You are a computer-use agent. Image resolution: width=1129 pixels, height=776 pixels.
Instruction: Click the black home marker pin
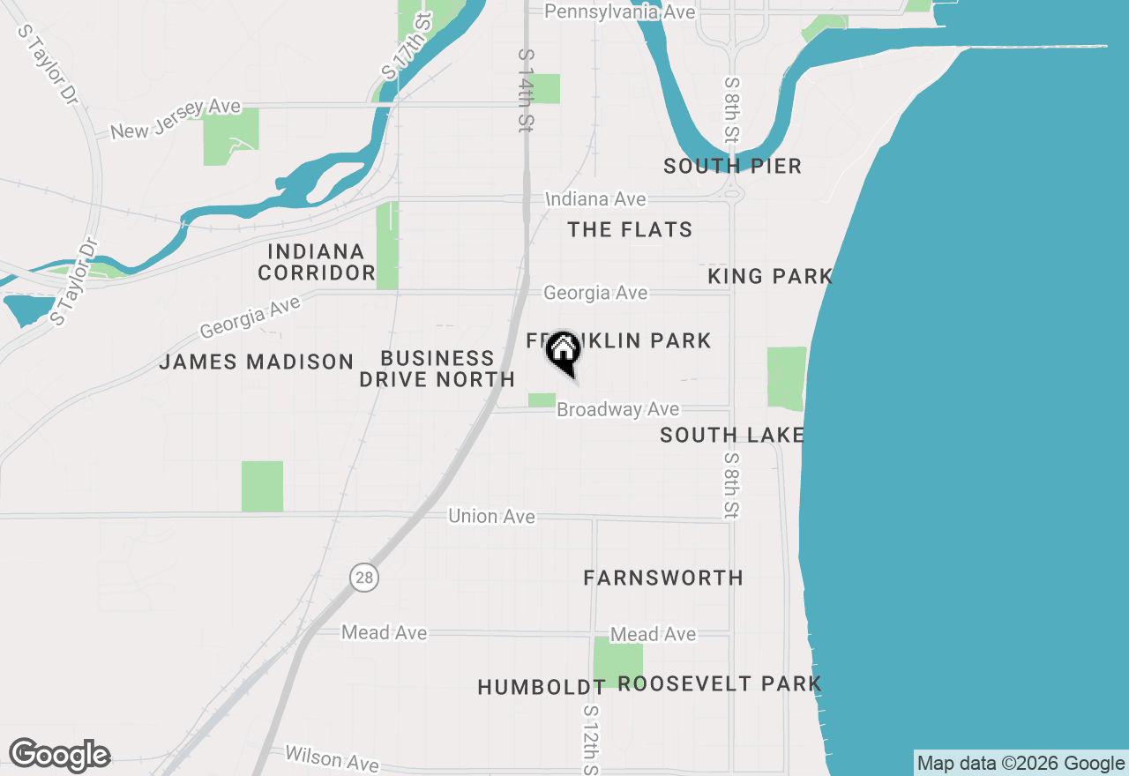click(563, 351)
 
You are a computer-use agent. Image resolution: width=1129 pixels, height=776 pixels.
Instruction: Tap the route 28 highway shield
click(363, 578)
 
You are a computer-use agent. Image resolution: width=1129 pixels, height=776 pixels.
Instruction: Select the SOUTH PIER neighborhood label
click(732, 166)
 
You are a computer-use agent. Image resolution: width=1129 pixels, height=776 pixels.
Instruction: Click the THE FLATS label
click(630, 230)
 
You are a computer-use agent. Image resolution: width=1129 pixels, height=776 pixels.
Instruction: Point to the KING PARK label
click(770, 277)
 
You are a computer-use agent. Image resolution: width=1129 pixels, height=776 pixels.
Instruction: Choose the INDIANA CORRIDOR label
click(317, 263)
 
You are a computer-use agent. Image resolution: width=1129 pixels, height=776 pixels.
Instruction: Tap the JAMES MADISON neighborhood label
click(256, 362)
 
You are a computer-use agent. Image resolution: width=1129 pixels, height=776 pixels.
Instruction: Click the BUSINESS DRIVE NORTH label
click(437, 369)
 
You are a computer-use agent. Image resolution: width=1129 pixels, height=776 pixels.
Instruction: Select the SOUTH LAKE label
click(732, 435)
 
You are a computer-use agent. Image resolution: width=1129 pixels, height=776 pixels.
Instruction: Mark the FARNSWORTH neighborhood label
click(663, 578)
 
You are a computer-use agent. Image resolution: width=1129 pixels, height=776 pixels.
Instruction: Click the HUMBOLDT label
click(541, 687)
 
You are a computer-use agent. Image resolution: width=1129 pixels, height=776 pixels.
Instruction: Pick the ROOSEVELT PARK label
click(720, 683)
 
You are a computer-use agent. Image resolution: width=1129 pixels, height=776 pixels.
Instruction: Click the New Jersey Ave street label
click(176, 120)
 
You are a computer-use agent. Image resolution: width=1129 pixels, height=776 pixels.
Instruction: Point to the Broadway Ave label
click(618, 409)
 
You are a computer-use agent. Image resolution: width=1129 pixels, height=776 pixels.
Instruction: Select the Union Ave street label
click(491, 516)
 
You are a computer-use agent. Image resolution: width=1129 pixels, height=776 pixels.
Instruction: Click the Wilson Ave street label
click(332, 757)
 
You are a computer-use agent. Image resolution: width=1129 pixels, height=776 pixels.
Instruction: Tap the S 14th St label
click(526, 91)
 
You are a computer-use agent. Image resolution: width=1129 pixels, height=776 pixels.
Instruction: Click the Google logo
click(59, 755)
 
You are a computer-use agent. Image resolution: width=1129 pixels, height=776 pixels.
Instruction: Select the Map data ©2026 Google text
click(1021, 764)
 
